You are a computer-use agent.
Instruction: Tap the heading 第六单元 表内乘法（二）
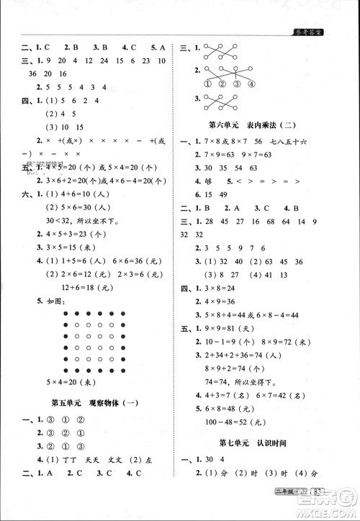pyautogui.click(x=262, y=124)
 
